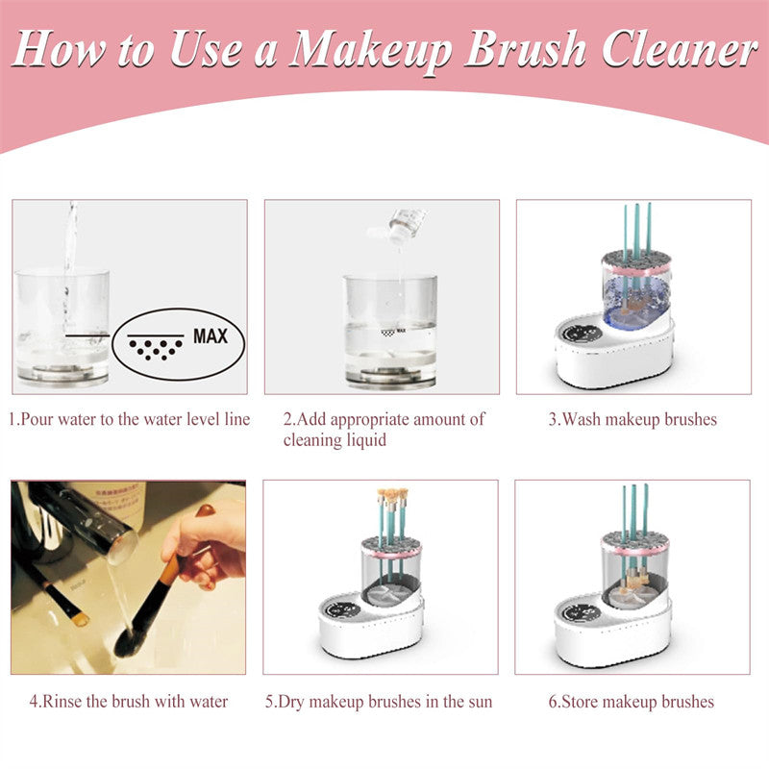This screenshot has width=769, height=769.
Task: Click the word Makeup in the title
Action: (370, 48)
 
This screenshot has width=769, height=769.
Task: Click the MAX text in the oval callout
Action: (211, 337)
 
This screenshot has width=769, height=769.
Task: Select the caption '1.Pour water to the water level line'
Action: (130, 419)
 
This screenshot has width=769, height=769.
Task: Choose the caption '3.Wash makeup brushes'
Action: (633, 419)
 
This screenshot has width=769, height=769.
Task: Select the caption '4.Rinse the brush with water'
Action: (129, 701)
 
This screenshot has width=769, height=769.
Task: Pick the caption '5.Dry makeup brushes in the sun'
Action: (379, 701)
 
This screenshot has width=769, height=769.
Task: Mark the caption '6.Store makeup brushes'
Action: (632, 701)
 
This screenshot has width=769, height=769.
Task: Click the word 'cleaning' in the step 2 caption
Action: (312, 440)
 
